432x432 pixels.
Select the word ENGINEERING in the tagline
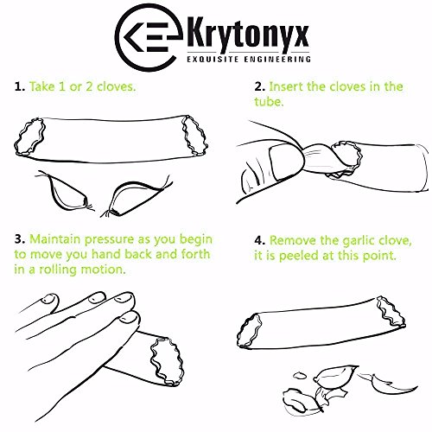277,60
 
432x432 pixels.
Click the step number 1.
20,86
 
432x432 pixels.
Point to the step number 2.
259,86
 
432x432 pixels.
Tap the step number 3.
20,239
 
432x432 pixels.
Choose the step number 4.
259,240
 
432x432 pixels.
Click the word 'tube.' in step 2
269,102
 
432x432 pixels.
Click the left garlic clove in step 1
65,191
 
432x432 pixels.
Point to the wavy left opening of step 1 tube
30,137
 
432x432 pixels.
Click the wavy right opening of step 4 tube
391,312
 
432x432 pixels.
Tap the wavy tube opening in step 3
167,362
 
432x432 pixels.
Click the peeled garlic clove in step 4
336,375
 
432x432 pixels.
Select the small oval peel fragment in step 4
300,375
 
